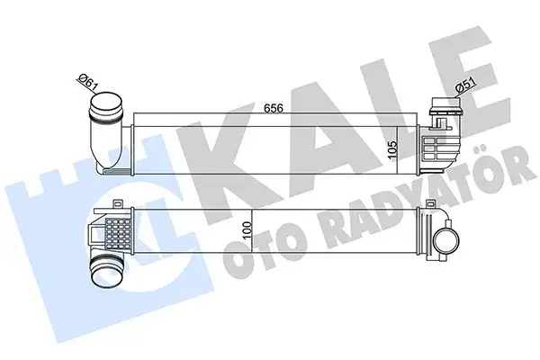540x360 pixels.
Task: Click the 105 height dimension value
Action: pos(392,148)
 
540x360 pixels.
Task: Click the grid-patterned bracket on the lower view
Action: pos(117,236)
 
